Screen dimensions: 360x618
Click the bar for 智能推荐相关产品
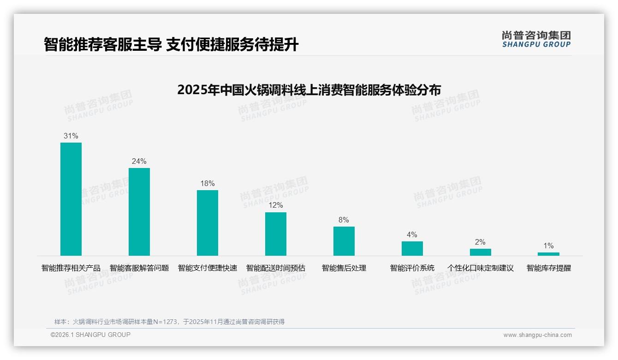(71, 199)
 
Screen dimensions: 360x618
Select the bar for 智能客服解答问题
(139, 212)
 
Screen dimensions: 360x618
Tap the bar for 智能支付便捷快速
(208, 223)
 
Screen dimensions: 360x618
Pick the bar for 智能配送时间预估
(276, 234)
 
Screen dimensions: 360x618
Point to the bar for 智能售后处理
(344, 241)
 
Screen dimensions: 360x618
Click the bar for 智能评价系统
(412, 248)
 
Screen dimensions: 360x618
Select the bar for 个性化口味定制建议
(481, 252)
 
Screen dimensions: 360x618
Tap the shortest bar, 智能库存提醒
(548, 254)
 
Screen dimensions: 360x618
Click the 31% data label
(71, 136)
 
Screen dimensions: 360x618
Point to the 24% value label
(139, 162)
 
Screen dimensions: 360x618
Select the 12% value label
(276, 205)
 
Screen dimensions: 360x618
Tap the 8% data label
(344, 220)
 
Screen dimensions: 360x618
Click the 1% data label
(548, 246)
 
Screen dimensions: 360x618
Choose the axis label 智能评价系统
(412, 268)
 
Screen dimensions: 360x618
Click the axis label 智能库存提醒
(549, 268)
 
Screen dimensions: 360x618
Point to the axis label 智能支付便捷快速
(208, 268)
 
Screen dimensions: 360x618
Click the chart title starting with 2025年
(309, 90)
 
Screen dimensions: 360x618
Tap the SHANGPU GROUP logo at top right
(536, 39)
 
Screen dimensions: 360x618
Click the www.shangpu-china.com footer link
(537, 335)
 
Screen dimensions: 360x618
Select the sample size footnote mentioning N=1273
(170, 322)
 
